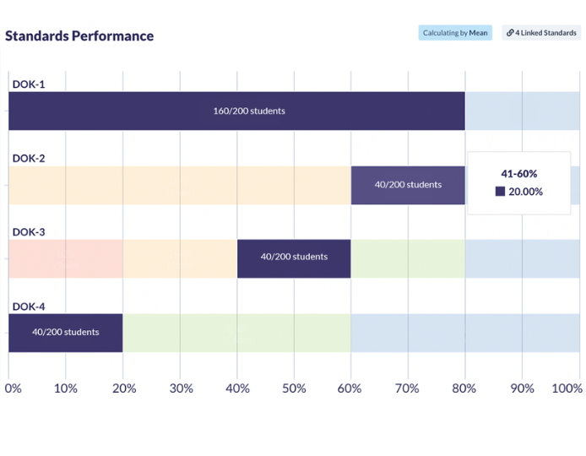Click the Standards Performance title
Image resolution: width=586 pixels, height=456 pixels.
click(79, 35)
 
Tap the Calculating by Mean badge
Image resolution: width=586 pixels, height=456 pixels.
click(455, 33)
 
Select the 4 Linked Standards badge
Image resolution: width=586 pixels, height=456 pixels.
click(541, 33)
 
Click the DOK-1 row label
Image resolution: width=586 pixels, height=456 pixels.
click(29, 84)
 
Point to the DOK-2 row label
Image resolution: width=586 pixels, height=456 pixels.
click(29, 158)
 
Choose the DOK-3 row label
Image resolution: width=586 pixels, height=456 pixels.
click(29, 232)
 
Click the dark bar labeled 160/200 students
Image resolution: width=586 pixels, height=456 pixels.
click(236, 111)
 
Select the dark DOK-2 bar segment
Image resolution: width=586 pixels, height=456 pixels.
click(408, 185)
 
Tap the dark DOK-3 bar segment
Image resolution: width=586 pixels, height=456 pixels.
click(294, 258)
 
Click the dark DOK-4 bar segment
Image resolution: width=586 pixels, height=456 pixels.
click(66, 332)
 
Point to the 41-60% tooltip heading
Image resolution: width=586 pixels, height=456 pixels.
click(518, 173)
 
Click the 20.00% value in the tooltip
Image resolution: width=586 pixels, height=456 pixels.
click(525, 192)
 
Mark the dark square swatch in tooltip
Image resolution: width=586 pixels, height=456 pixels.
click(500, 192)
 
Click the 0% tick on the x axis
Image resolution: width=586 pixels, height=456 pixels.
click(14, 388)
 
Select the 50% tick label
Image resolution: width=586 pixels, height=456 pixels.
click(294, 388)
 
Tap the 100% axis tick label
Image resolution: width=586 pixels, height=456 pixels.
click(566, 388)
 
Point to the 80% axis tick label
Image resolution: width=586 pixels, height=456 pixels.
click(464, 388)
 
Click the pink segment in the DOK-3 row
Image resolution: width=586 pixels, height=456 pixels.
click(66, 258)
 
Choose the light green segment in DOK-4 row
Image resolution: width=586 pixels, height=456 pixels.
click(236, 332)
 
